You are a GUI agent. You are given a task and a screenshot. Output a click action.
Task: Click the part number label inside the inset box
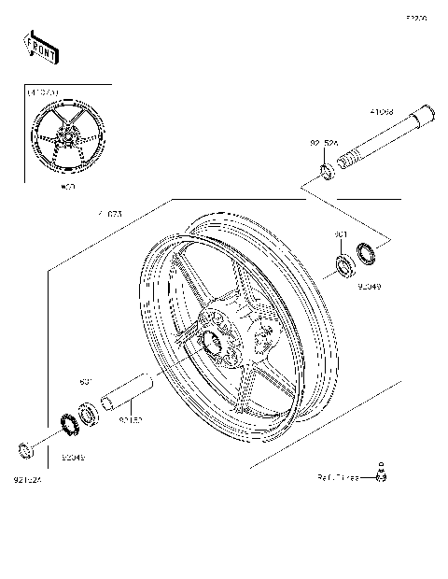[x=42, y=92]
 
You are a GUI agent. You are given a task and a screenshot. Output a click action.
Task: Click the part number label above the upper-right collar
[x=323, y=145]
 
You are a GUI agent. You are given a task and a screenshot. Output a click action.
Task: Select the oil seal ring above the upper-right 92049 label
[x=365, y=251]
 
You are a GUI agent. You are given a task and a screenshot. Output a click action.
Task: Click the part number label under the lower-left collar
[x=28, y=480]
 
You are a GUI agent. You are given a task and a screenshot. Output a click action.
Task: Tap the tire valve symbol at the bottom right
[x=381, y=473]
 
